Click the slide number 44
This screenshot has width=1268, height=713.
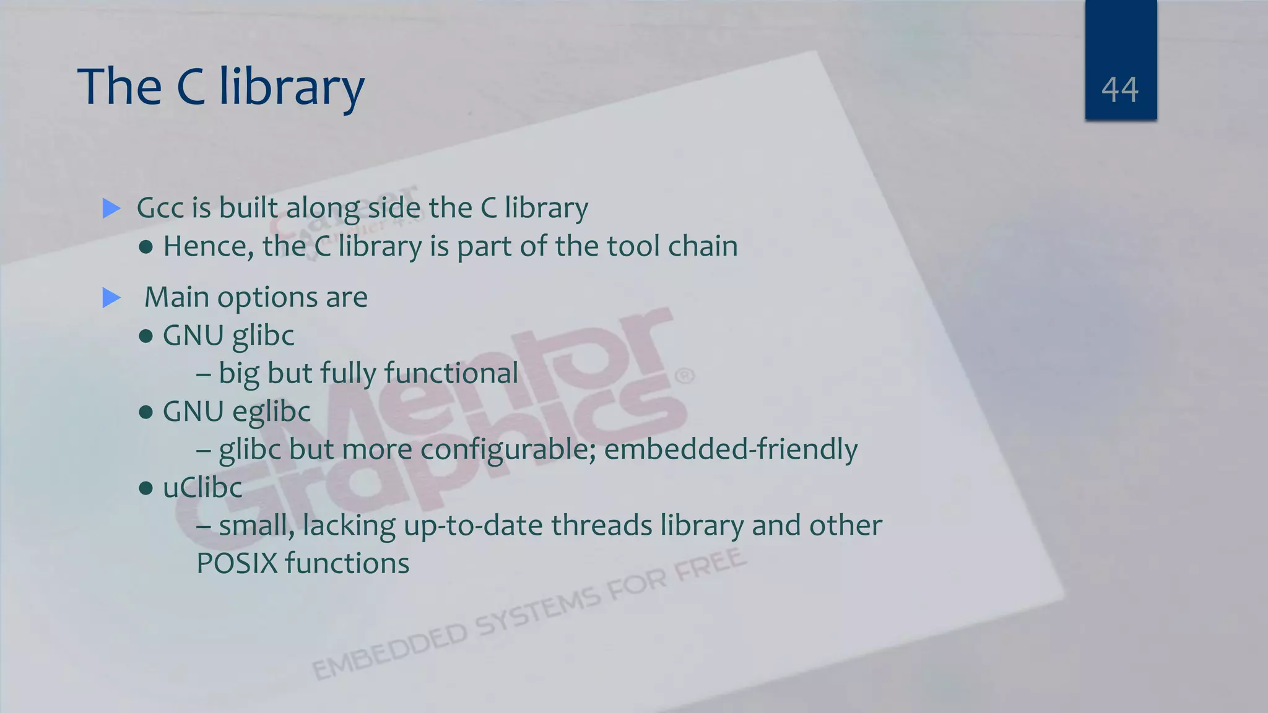click(1120, 90)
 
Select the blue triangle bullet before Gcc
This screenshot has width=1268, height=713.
click(111, 208)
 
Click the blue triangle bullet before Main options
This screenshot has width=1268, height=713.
click(111, 298)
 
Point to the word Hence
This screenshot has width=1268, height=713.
click(208, 246)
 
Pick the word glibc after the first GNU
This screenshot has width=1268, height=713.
click(263, 336)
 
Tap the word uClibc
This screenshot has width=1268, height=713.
click(202, 488)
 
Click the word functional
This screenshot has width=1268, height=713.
click(451, 374)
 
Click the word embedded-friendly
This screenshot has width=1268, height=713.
click(731, 450)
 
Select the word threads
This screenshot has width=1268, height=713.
click(601, 526)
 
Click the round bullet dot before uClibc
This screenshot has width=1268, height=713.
click(146, 488)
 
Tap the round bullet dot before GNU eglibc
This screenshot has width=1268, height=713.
click(146, 412)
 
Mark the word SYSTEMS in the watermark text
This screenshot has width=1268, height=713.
click(537, 611)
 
